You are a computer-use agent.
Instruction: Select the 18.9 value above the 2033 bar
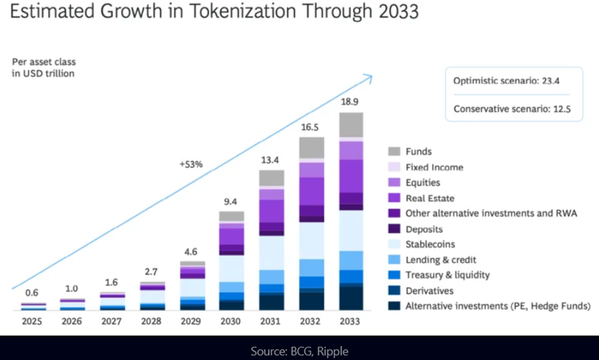coord(351,102)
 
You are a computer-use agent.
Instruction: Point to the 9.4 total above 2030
coord(232,202)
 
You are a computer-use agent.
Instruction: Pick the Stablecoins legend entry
coord(430,244)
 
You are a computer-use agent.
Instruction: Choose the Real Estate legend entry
coord(430,198)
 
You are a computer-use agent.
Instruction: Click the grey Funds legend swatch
coord(394,151)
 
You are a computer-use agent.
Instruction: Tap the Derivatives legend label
coord(429,291)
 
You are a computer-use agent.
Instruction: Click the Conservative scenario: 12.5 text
coord(512,109)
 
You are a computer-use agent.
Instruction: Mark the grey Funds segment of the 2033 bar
coord(351,124)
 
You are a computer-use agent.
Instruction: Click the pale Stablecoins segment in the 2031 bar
coord(271,252)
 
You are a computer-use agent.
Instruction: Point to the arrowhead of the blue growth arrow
coord(370,77)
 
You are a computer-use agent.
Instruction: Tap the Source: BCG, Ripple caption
coord(299,351)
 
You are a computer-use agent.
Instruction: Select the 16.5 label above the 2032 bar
coord(311,127)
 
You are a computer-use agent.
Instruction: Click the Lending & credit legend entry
coord(441,260)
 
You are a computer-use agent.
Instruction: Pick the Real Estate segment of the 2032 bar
coord(311,191)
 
